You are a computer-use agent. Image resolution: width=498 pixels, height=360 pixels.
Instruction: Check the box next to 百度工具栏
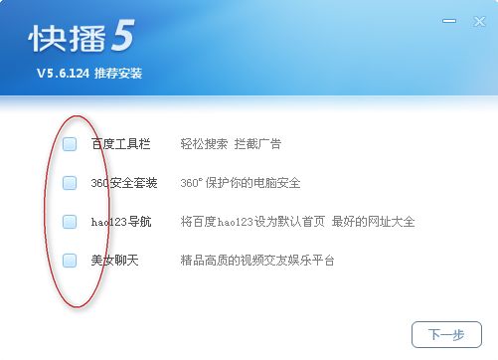tap(70, 144)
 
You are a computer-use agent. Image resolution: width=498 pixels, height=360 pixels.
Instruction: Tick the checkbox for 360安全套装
tap(70, 183)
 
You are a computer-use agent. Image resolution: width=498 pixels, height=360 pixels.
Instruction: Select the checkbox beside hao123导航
tap(70, 222)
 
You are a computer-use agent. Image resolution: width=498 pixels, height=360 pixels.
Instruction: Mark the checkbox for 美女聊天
tap(70, 261)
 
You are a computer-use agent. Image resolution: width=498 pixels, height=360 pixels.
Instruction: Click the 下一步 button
tap(446, 334)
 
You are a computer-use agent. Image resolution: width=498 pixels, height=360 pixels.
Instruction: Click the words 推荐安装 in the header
tap(119, 74)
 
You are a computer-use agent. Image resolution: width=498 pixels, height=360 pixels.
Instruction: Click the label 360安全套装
tap(124, 183)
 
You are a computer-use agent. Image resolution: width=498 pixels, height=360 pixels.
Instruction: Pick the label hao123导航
tap(122, 222)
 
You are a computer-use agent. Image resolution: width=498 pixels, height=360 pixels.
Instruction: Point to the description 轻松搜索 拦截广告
tap(231, 144)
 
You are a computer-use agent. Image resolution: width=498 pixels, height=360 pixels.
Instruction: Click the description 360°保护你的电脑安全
tap(240, 183)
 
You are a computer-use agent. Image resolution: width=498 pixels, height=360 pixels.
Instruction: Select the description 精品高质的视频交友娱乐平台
tap(257, 261)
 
